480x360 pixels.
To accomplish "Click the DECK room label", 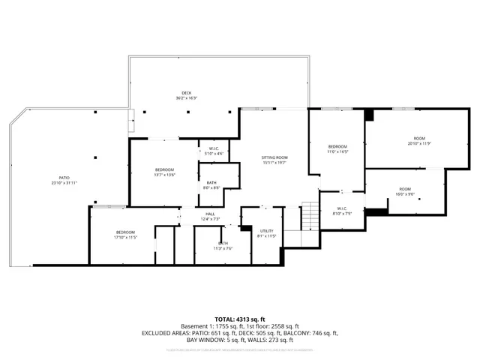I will (x=186, y=93).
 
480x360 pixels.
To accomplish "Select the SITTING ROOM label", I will (x=274, y=157).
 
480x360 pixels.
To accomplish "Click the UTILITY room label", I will (x=267, y=230).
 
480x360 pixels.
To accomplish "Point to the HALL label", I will (x=211, y=214).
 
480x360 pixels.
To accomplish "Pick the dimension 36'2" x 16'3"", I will (x=186, y=98).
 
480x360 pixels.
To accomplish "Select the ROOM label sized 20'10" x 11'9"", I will (x=420, y=138).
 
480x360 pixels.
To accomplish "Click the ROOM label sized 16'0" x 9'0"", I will (x=404, y=188).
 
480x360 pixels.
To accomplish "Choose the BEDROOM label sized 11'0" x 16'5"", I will (x=337, y=145).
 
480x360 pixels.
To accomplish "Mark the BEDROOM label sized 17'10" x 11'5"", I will (x=124, y=232).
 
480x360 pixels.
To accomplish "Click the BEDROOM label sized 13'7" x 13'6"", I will (x=164, y=169).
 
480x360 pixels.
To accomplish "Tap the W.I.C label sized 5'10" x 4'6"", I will (x=214, y=148).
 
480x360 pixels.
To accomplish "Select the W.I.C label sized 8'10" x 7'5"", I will (x=341, y=208).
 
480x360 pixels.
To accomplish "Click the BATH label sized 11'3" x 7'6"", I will (x=223, y=243).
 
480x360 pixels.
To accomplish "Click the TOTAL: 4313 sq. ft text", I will (x=240, y=319).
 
